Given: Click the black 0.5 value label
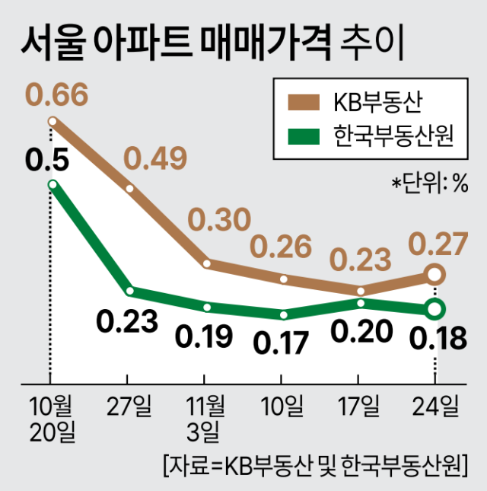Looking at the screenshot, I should coord(47,159).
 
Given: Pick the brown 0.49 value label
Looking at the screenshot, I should coord(155,159).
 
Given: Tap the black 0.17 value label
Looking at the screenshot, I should coord(282,342).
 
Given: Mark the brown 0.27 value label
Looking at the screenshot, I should coord(437,244).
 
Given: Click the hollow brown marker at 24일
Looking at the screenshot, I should coord(434,274).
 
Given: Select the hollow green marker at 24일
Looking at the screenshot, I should coord(434,309).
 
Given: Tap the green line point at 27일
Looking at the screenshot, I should coord(130,290).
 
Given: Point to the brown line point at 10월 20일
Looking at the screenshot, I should coord(53,121).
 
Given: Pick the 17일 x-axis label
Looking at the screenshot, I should coord(360,407).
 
